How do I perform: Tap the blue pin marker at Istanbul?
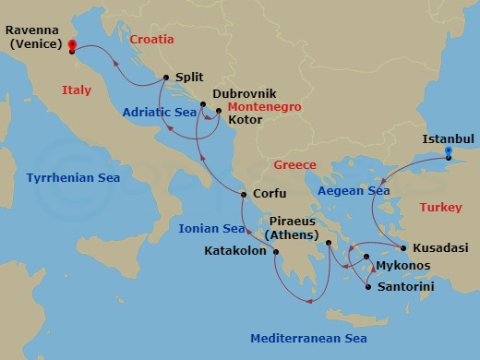(448, 151)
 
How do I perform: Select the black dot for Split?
(165, 78)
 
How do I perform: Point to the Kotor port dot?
(219, 112)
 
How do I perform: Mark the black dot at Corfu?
(243, 194)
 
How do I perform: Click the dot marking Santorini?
(367, 287)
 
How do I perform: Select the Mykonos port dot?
(366, 257)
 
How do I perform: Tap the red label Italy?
(77, 90)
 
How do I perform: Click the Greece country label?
(294, 165)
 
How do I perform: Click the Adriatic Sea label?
(159, 112)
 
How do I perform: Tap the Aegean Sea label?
(354, 190)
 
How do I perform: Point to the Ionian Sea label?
(212, 228)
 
